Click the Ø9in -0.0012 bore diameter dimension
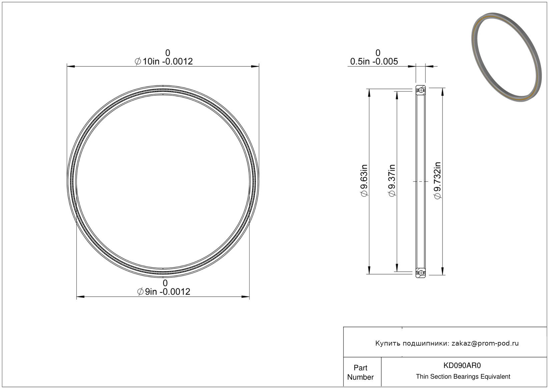[x=163, y=287]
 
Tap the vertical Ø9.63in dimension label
[x=364, y=181]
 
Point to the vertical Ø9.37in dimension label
[x=392, y=181]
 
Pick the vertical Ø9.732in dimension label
[x=438, y=181]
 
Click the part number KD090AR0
[x=462, y=365]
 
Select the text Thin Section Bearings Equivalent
[x=463, y=377]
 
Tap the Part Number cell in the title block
[x=360, y=372]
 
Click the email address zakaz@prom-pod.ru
[x=485, y=343]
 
